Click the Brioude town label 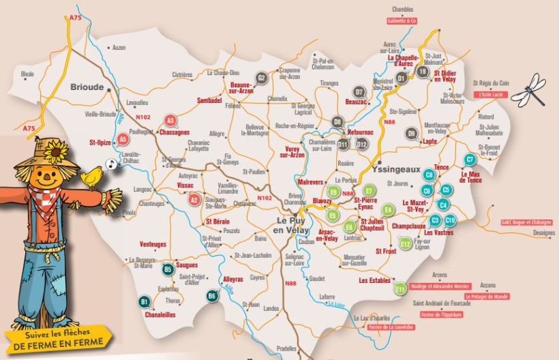click(x=87, y=87)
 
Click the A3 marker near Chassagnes click(x=171, y=121)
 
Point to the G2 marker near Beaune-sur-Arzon click(x=261, y=77)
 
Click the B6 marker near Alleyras click(x=212, y=295)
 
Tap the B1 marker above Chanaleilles click(x=144, y=301)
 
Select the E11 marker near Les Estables click(x=401, y=289)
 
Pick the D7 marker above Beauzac click(x=359, y=92)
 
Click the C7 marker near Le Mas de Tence click(x=470, y=160)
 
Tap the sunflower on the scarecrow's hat click(x=57, y=149)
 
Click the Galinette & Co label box click(x=402, y=21)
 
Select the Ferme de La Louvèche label click(x=390, y=327)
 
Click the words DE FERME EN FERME click(x=58, y=345)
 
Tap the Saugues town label click(x=187, y=265)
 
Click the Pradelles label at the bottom click(x=286, y=348)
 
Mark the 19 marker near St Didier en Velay click(x=423, y=72)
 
